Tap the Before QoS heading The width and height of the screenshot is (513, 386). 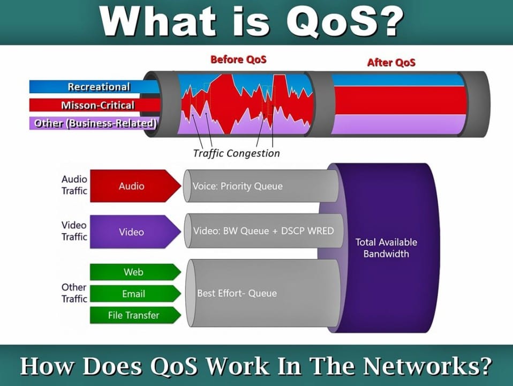(238, 60)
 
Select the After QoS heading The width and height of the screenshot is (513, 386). (391, 62)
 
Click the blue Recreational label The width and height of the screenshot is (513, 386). (99, 87)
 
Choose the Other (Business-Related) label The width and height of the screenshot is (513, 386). (95, 123)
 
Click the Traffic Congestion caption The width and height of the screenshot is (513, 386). (236, 153)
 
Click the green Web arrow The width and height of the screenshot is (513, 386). (134, 272)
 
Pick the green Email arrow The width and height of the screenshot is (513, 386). (134, 294)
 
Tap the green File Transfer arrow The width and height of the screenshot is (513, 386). (134, 315)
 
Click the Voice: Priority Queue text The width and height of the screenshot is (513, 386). (237, 187)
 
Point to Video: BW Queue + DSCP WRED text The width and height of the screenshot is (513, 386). (263, 231)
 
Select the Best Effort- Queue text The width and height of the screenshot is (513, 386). (237, 293)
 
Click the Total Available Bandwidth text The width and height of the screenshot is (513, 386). (386, 248)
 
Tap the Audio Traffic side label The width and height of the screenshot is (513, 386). (74, 185)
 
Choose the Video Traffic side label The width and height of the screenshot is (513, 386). (74, 231)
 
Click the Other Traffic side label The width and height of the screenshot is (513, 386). (74, 293)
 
